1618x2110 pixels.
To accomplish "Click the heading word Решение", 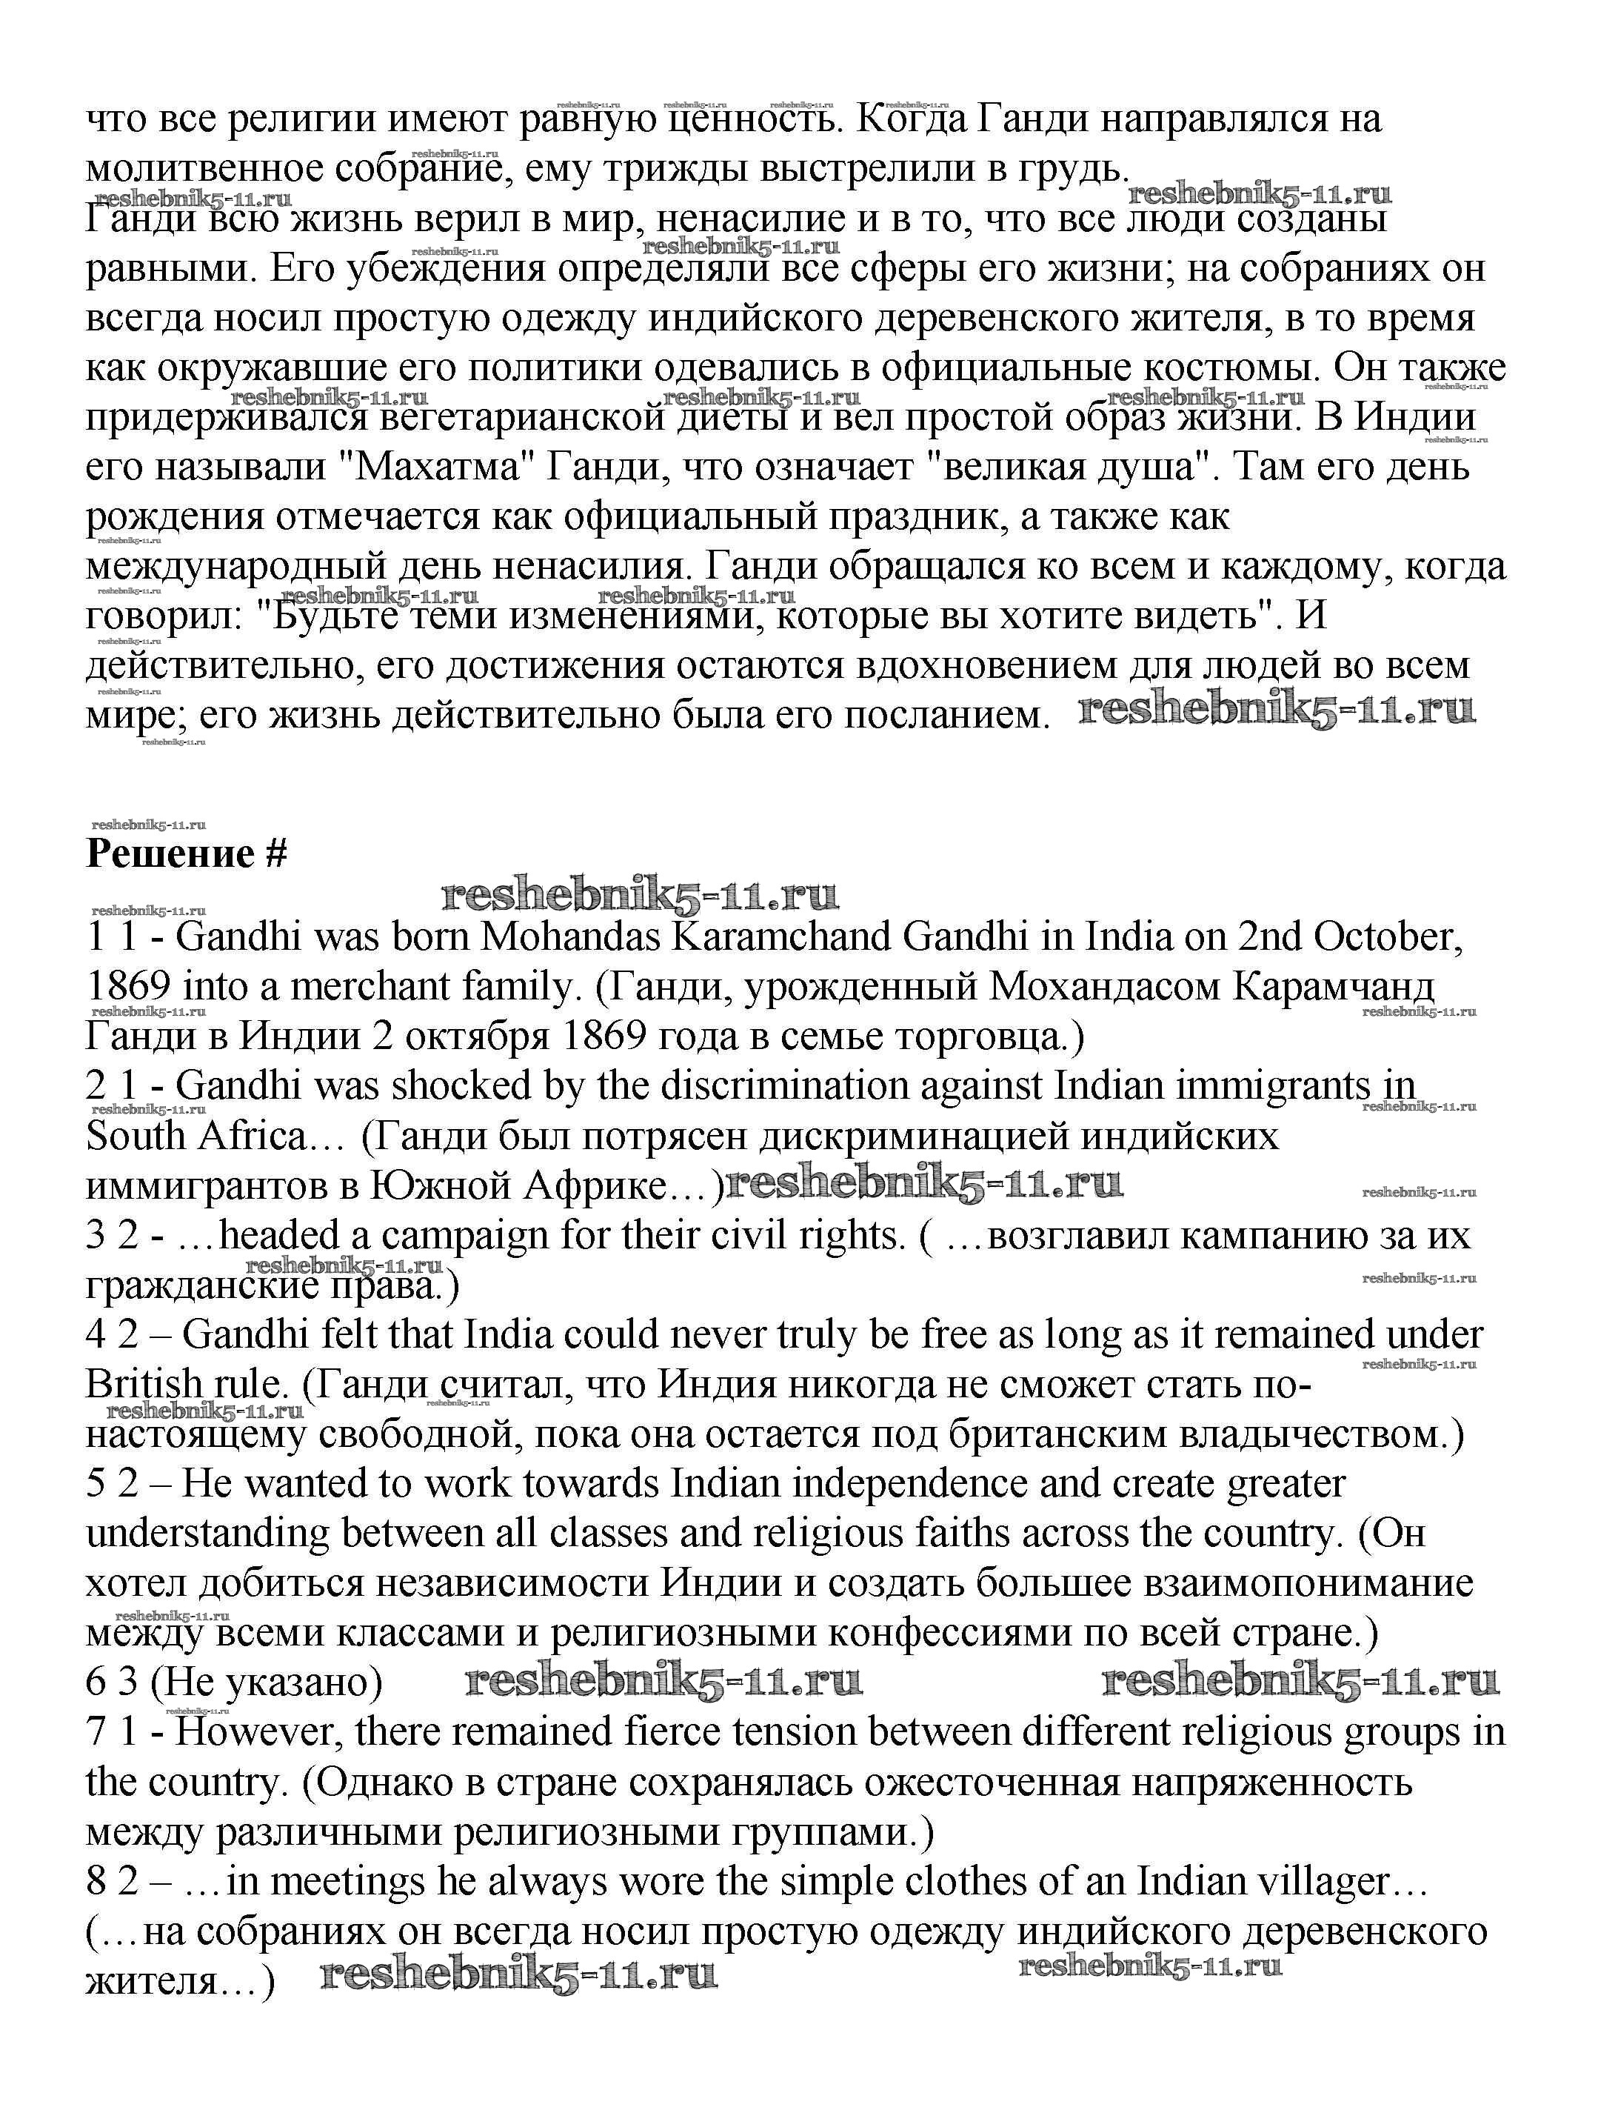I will click(x=172, y=855).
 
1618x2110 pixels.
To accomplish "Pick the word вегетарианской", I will click(x=519, y=418).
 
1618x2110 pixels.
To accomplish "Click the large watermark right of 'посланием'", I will click(x=1276, y=711).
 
